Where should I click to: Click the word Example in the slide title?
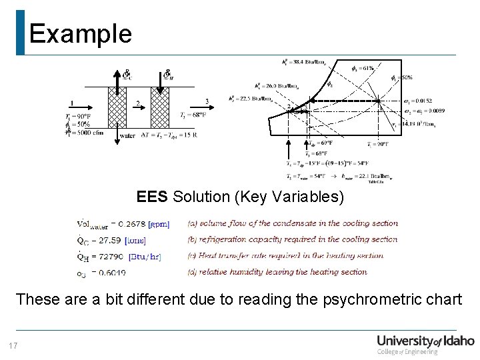click(80, 33)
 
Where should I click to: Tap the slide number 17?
click(13, 345)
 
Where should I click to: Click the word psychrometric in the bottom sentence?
click(359, 299)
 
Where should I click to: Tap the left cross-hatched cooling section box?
click(117, 106)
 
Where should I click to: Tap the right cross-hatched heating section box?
click(160, 106)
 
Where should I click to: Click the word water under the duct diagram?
click(127, 135)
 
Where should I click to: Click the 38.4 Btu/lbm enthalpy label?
click(303, 63)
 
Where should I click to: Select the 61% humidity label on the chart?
click(363, 68)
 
